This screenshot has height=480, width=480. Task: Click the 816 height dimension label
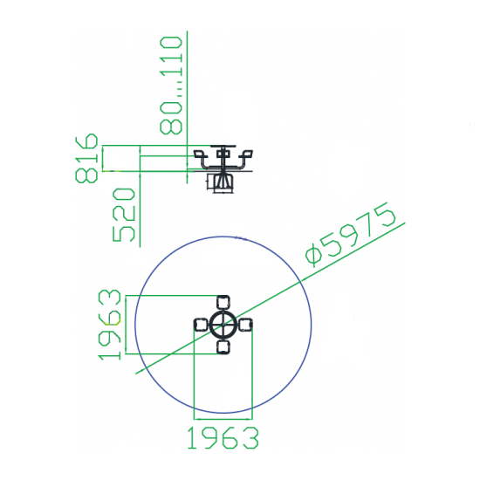pyautogui.click(x=86, y=158)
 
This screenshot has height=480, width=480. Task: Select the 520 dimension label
pyautogui.click(x=124, y=215)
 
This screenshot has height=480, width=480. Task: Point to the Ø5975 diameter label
pyautogui.click(x=351, y=235)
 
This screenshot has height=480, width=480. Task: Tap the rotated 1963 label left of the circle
pyautogui.click(x=110, y=325)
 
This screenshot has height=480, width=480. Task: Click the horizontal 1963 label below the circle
pyautogui.click(x=223, y=438)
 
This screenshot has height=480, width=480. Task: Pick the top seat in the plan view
pyautogui.click(x=223, y=303)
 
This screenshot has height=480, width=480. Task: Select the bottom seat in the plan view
pyautogui.click(x=223, y=347)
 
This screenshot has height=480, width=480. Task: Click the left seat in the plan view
pyautogui.click(x=201, y=325)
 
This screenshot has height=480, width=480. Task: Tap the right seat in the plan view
pyautogui.click(x=245, y=325)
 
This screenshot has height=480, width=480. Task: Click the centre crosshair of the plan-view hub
pyautogui.click(x=223, y=325)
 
